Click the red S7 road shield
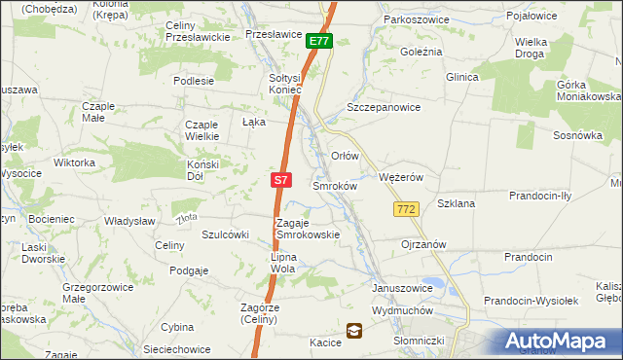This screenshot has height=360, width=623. point(280,180)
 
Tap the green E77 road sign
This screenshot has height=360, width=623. point(319,41)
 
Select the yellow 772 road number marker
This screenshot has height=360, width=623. point(407,209)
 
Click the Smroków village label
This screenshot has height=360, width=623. point(336,185)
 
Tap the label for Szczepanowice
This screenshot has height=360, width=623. point(384,108)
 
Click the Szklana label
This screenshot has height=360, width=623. point(456,203)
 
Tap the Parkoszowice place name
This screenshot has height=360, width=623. point(420,18)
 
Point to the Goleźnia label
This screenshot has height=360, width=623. point(421,51)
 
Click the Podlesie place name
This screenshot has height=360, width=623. point(193,82)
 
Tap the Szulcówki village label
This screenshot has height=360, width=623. point(226,234)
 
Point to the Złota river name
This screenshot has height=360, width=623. point(188,217)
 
